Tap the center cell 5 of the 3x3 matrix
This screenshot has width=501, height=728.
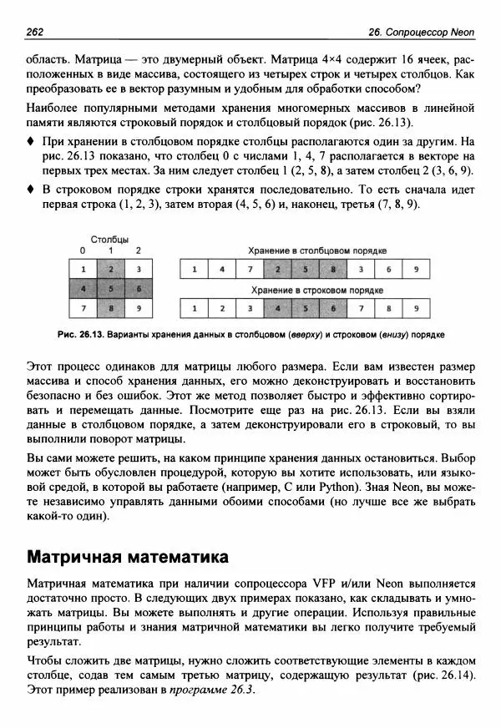click(x=111, y=288)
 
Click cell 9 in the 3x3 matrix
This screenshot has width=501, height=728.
click(x=138, y=308)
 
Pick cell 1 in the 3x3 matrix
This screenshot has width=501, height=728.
click(x=83, y=269)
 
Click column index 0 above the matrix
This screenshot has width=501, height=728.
click(x=83, y=250)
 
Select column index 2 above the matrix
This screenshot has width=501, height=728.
click(x=138, y=250)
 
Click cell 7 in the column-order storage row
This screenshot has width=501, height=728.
click(x=250, y=270)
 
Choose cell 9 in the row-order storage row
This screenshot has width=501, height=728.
click(x=417, y=308)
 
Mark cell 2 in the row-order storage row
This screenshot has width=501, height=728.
click(x=222, y=308)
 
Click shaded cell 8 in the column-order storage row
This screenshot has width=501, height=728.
click(x=333, y=270)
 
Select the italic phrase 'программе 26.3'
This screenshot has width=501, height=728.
click(x=210, y=692)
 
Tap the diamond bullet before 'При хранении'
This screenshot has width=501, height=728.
click(x=31, y=143)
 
